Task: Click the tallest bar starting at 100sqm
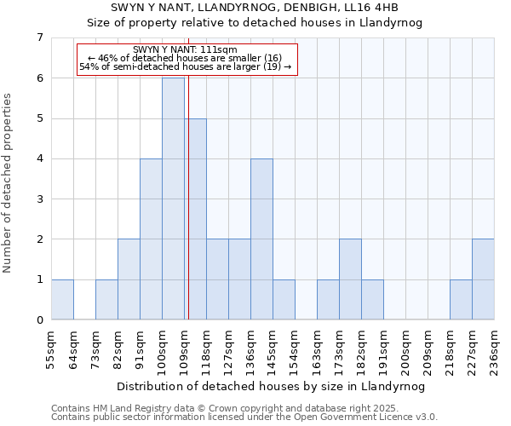pyautogui.click(x=173, y=199)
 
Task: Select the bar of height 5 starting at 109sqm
pyautogui.click(x=195, y=219)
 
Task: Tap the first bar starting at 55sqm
pyautogui.click(x=62, y=299)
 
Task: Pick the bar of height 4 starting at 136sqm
pyautogui.click(x=261, y=239)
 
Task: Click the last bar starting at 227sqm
pyautogui.click(x=483, y=279)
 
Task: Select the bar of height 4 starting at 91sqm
pyautogui.click(x=151, y=239)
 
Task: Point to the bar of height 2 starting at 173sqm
pyautogui.click(x=350, y=279)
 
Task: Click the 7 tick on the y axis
pyautogui.click(x=39, y=37)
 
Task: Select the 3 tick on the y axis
pyautogui.click(x=39, y=199)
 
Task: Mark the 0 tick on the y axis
pyautogui.click(x=39, y=320)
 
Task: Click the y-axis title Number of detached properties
pyautogui.click(x=9, y=183)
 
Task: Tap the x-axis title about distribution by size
pyautogui.click(x=272, y=386)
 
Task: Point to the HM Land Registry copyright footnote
pyautogui.click(x=243, y=408)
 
